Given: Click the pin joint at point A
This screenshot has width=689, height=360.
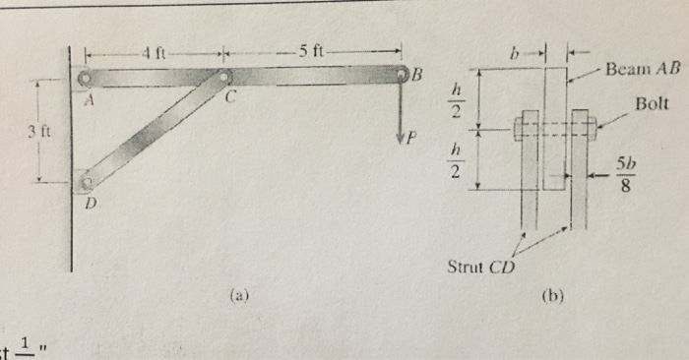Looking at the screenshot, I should point(86,77).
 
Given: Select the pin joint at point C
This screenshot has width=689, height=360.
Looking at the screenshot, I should point(225,76).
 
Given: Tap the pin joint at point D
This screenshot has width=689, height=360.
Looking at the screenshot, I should point(86,181).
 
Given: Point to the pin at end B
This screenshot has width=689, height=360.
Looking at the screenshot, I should point(402,75).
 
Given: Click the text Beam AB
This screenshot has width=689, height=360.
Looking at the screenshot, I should point(637,70).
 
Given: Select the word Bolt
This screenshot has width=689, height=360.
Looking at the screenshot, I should point(652,102).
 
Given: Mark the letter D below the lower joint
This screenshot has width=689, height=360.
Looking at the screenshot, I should point(94,204).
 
